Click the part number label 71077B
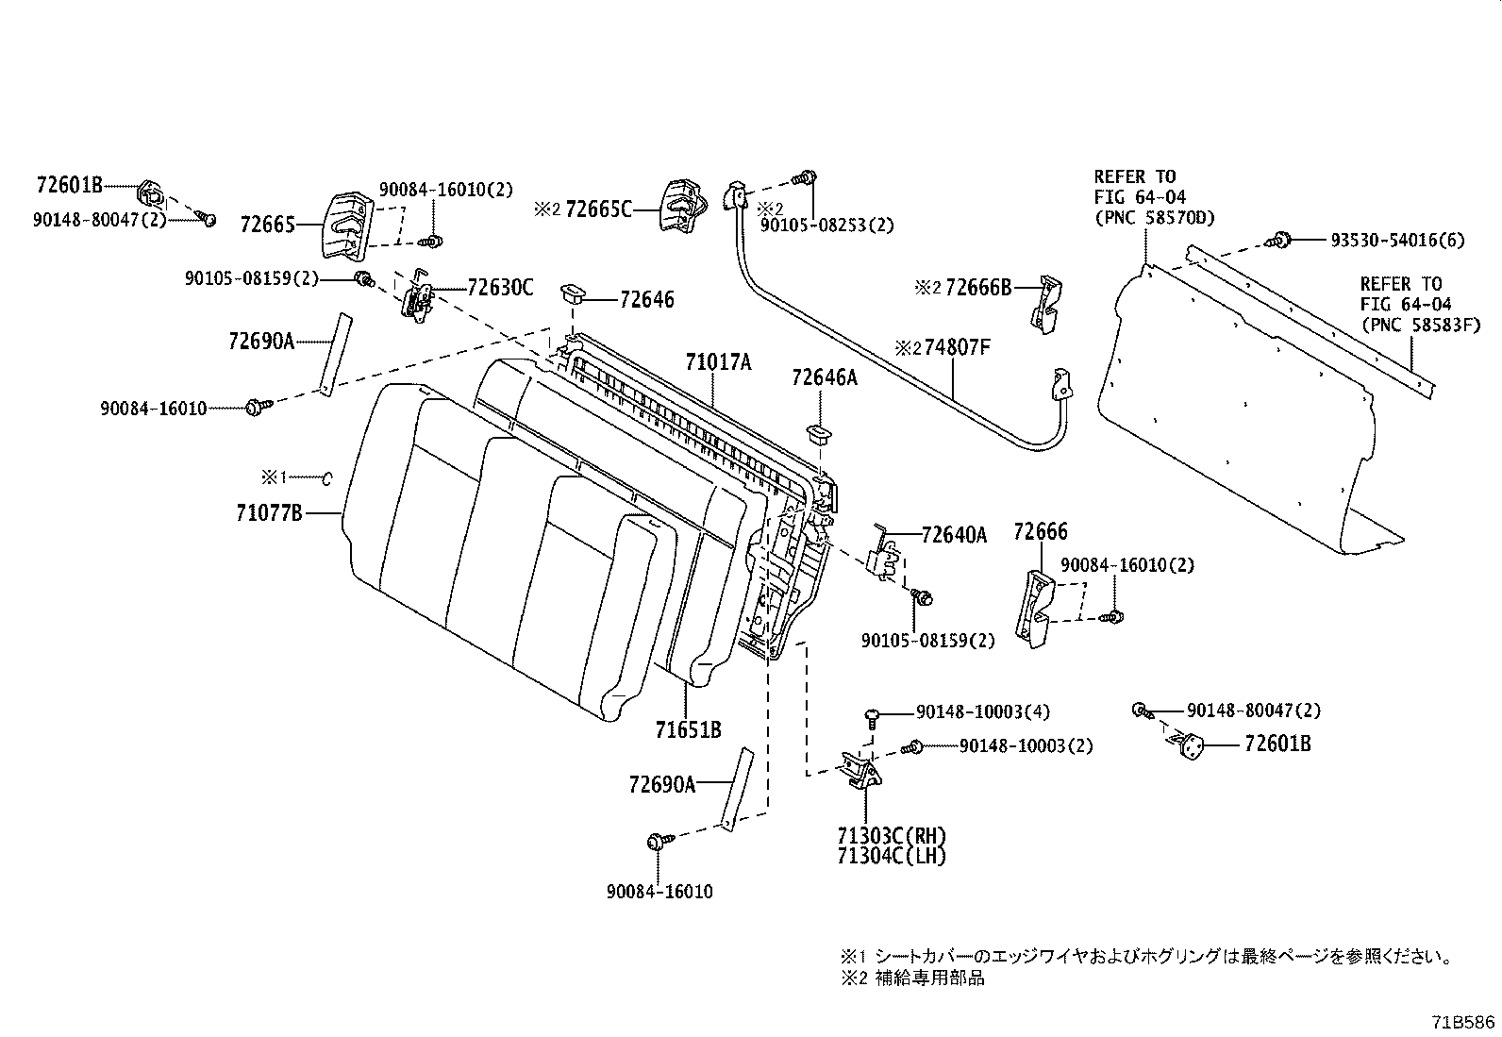tap(269, 513)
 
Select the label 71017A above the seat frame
tap(718, 361)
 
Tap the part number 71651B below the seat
tap(689, 729)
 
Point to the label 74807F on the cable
tap(957, 347)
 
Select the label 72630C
tap(499, 288)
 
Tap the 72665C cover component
tap(681, 207)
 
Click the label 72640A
tap(953, 535)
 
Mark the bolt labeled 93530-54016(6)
tap(1281, 240)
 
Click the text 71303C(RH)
tap(891, 836)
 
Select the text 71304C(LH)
tap(891, 856)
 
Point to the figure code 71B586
tap(1463, 1022)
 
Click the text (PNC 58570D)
tap(1154, 218)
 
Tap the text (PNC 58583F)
tap(1420, 326)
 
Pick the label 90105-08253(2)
tap(828, 225)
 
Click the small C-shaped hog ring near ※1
tap(327, 478)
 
